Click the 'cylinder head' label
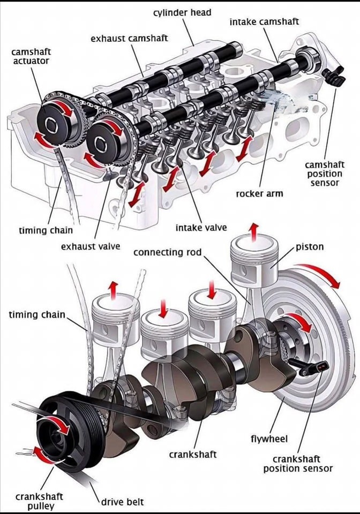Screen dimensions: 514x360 click(182, 12)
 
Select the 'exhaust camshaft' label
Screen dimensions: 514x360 click(129, 38)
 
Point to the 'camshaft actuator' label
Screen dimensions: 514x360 click(31, 56)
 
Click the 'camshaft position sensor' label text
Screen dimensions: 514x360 click(325, 174)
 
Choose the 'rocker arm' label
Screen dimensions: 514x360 click(259, 193)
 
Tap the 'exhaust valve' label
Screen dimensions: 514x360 click(91, 247)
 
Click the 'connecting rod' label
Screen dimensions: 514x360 click(167, 251)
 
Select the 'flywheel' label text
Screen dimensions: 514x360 click(269, 439)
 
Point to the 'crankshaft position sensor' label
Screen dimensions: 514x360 click(297, 464)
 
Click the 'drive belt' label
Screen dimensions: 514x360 click(123, 502)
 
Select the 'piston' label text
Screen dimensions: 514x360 click(310, 248)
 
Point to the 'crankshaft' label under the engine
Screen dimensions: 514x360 click(193, 454)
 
